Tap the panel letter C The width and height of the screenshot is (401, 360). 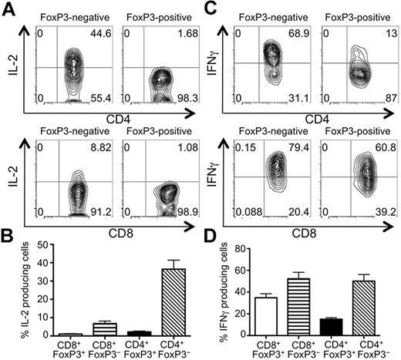(211, 8)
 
